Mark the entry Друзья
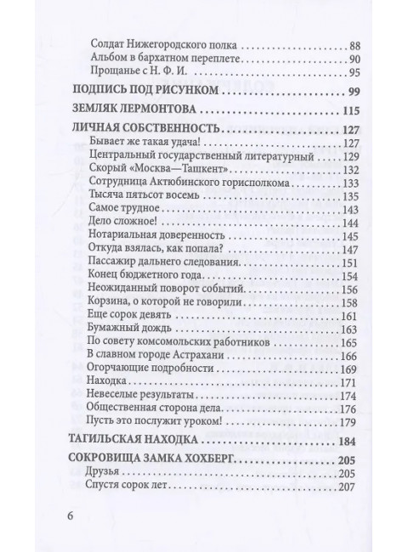(106, 474)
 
